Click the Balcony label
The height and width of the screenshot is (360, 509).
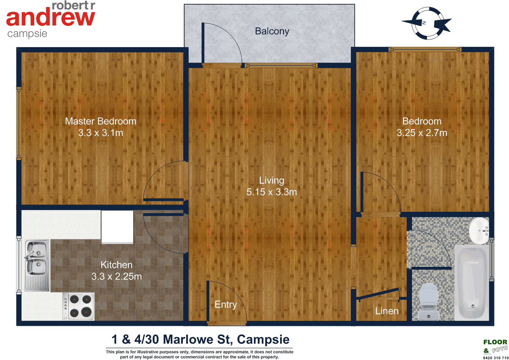click(272, 32)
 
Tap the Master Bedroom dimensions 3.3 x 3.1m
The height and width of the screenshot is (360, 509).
click(100, 133)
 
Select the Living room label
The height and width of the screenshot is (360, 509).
click(271, 181)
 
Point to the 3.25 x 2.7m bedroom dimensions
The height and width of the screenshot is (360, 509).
click(422, 133)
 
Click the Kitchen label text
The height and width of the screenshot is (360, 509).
click(116, 265)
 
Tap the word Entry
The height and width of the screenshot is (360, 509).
click(226, 305)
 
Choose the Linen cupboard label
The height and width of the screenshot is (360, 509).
click(387, 311)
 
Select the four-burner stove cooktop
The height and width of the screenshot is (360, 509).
click(79, 306)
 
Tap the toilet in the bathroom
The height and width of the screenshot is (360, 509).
click(428, 301)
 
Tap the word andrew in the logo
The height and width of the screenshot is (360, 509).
click(50, 18)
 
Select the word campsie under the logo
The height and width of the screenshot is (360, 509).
click(27, 34)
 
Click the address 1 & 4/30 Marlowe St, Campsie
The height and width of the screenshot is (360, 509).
click(200, 340)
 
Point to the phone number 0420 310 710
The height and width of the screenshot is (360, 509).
click(496, 358)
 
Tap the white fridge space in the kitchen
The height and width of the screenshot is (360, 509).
click(117, 227)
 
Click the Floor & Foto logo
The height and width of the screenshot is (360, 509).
click(495, 346)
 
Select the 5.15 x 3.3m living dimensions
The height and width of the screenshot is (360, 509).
click(271, 192)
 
